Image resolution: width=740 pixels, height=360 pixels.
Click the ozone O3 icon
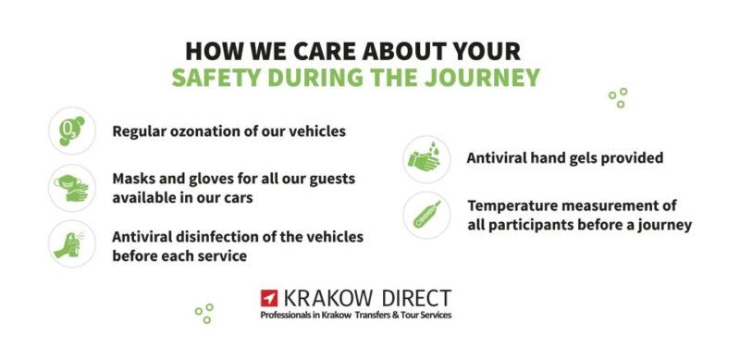(71, 130)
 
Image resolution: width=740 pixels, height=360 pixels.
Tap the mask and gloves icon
(71, 188)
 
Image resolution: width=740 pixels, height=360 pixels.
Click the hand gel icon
(426, 159)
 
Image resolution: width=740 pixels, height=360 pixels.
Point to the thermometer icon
(426, 215)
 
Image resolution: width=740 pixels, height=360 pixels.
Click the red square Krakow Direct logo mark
(269, 299)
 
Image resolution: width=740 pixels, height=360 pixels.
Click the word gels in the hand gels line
(573, 158)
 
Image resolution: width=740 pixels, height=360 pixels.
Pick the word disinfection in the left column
(222, 236)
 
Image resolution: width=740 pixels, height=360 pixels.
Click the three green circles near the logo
(204, 313)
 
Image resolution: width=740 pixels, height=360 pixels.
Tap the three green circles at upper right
(618, 97)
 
